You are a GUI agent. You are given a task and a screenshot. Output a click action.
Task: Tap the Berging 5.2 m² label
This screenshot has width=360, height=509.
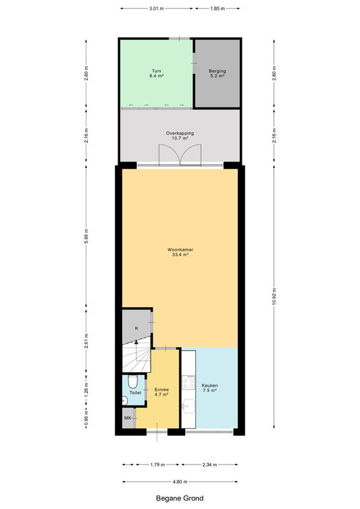[217, 73]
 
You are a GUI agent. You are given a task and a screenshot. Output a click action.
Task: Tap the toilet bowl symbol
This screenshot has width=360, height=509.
[133, 382]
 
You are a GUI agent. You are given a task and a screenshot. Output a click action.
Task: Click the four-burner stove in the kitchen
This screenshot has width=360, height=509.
[188, 382]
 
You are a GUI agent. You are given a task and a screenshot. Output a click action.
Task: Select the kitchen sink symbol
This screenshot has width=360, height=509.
[188, 406]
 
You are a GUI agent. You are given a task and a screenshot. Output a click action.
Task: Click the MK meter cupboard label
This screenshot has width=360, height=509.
[128, 418]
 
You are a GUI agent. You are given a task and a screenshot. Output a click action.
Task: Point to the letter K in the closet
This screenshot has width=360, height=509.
[137, 328]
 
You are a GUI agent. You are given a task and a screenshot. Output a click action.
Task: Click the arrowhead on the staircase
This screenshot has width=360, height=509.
[136, 342]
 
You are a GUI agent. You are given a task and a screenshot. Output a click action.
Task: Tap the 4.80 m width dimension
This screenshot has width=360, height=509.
[180, 482]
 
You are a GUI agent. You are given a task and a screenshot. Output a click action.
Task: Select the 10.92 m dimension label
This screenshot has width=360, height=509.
[274, 296]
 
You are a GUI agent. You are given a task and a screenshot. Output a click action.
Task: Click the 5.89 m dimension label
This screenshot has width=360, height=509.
[86, 236]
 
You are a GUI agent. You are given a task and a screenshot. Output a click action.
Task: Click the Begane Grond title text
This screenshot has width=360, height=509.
[180, 498]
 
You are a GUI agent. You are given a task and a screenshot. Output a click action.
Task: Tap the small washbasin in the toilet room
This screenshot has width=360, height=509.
[124, 401]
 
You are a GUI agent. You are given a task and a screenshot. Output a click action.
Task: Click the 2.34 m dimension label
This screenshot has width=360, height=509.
[209, 464]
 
